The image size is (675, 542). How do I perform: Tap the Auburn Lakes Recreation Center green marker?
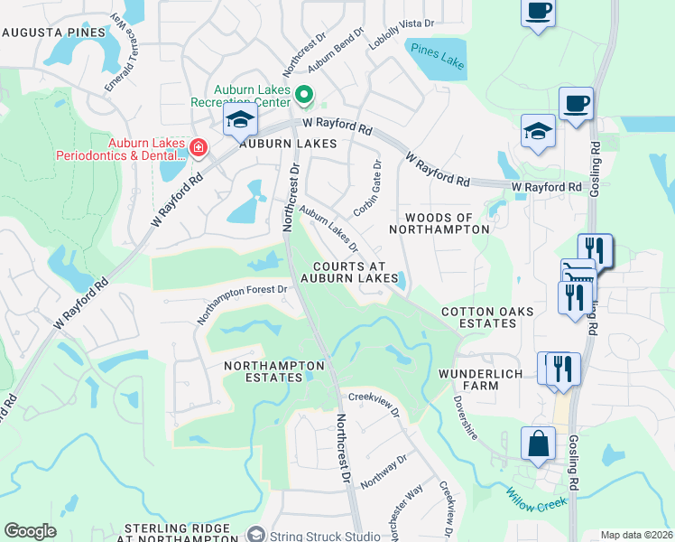click(x=304, y=94)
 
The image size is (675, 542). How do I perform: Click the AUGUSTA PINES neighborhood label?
click(x=53, y=32)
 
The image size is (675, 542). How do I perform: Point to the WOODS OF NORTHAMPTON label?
click(x=439, y=223)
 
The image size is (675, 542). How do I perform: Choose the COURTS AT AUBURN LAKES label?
click(x=349, y=272)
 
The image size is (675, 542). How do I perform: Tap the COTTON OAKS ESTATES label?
click(x=487, y=318)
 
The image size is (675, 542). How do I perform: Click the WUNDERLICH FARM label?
click(x=481, y=379)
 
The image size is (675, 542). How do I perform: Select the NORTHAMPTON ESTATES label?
click(x=274, y=371)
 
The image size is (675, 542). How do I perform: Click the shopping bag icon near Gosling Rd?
click(x=539, y=444)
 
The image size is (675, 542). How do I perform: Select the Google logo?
click(x=30, y=531)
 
